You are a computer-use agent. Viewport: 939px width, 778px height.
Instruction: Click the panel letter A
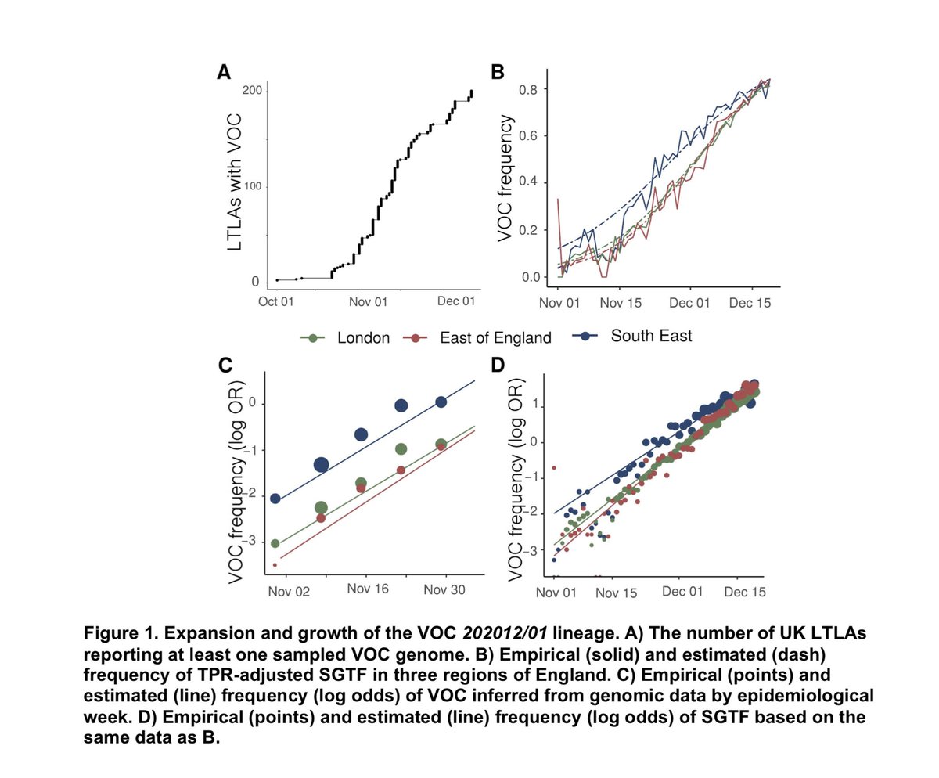coord(224,73)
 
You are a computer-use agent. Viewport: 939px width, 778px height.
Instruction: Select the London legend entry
coord(347,337)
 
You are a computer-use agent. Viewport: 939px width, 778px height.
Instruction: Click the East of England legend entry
coord(477,337)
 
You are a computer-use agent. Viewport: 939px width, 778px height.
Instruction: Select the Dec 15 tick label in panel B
coord(750,301)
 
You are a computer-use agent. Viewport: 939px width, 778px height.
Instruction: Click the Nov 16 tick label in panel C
coord(363,593)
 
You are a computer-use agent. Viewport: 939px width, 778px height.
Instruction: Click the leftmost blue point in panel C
coord(275,499)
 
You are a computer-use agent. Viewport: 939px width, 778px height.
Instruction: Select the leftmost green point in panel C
coord(275,543)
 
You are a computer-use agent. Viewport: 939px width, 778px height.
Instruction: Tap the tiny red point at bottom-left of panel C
coord(275,564)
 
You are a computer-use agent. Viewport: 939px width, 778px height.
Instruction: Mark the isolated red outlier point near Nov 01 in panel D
coord(554,467)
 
